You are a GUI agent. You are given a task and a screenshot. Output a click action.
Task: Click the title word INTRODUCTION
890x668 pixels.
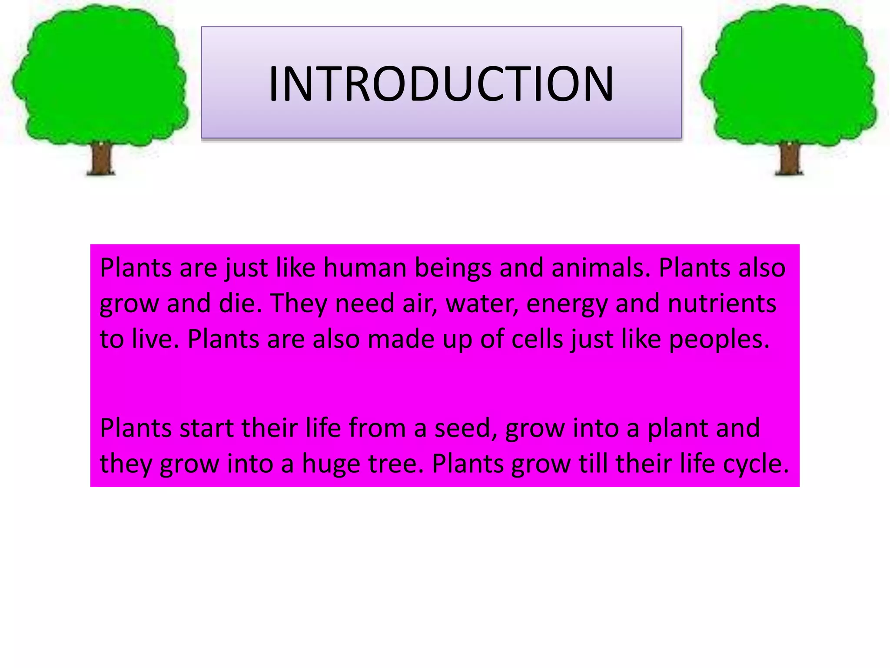pos(441,84)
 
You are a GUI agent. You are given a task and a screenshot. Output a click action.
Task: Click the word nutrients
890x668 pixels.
pos(722,304)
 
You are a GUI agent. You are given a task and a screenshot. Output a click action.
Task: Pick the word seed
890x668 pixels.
pos(466,428)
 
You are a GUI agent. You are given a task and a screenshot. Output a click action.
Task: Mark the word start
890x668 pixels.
pos(207,428)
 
